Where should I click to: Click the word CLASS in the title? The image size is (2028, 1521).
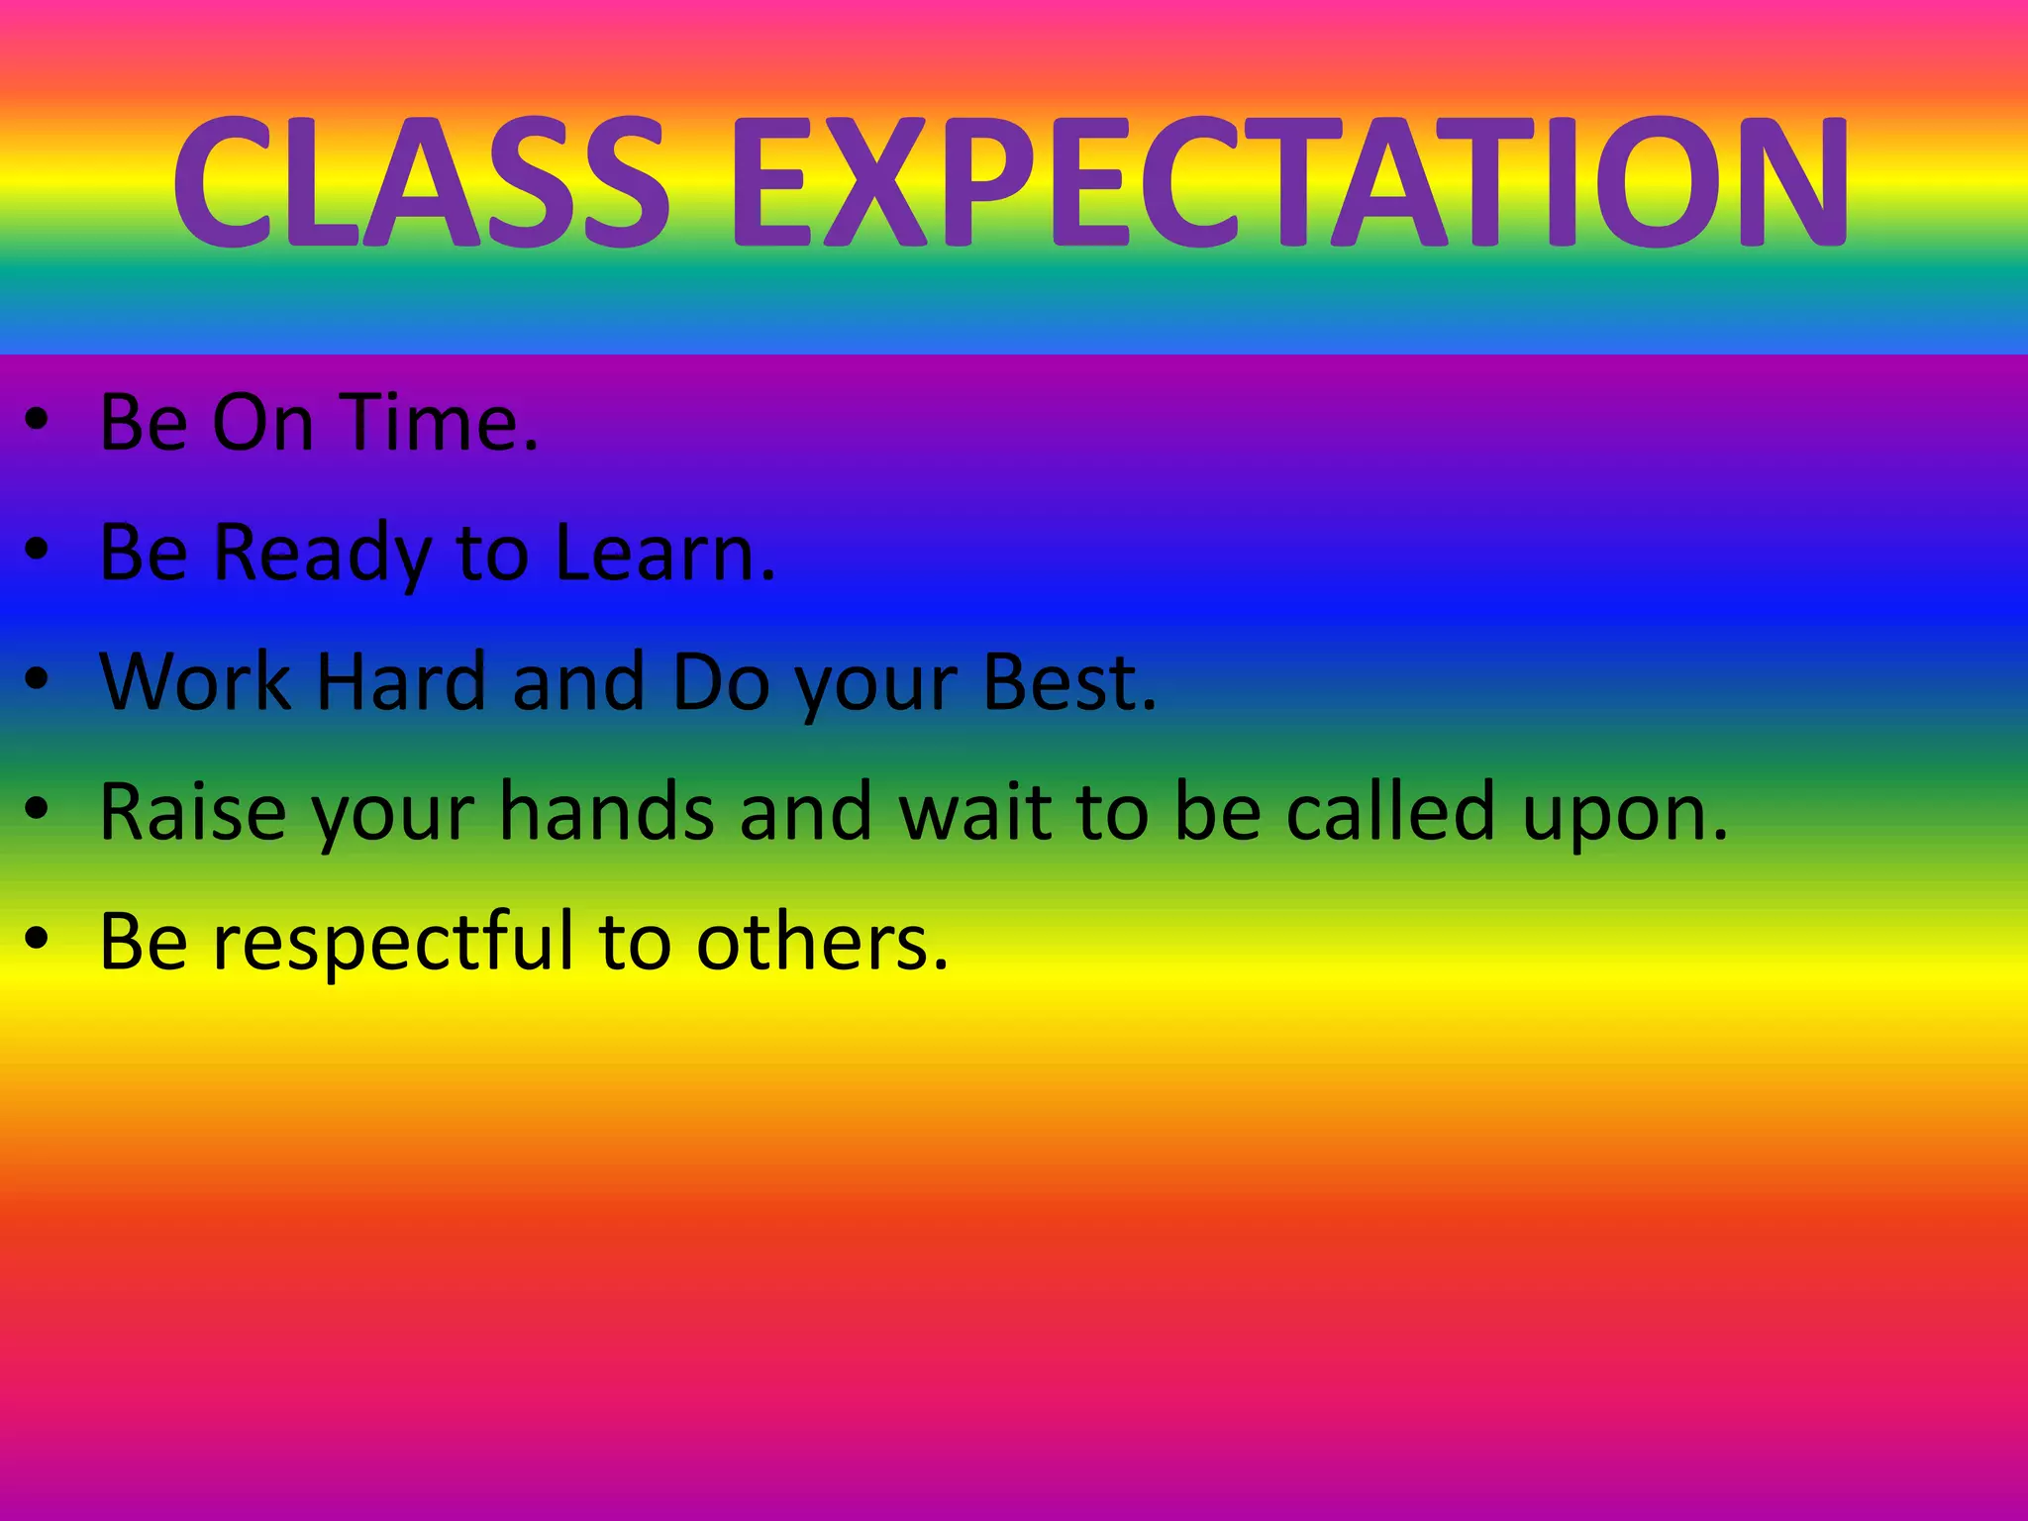(421, 181)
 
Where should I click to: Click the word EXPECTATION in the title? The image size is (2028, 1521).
(1289, 181)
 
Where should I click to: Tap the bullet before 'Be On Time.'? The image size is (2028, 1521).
(37, 420)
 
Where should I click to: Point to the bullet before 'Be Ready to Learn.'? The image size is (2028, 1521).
(37, 550)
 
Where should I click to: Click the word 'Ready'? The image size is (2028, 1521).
(322, 555)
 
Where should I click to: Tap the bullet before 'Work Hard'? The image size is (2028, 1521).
(37, 679)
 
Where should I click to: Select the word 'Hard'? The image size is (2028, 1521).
(401, 682)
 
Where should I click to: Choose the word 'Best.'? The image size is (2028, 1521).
(1069, 682)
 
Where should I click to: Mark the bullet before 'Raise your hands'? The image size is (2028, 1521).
(37, 810)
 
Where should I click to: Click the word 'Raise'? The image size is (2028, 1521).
(193, 812)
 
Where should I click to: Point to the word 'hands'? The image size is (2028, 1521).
(606, 812)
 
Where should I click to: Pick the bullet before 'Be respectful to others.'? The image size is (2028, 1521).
(37, 939)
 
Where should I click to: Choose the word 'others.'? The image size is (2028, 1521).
(822, 942)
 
